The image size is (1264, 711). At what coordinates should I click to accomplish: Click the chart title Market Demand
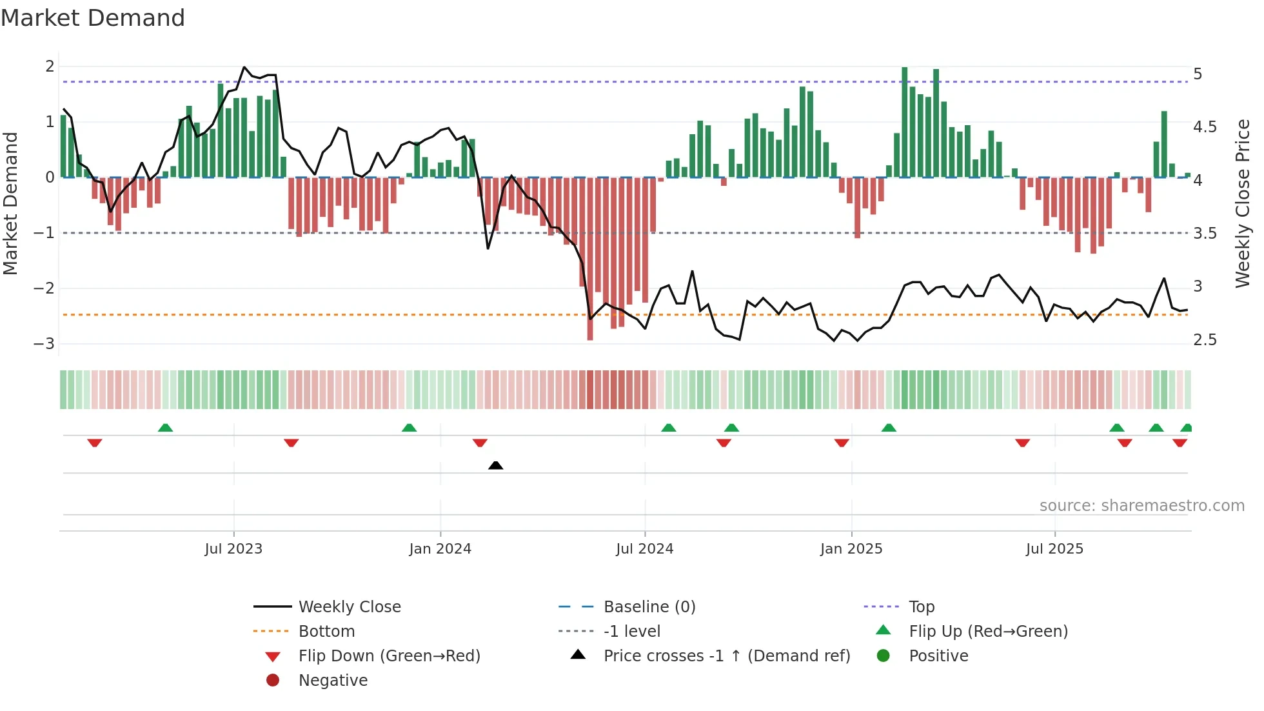(93, 18)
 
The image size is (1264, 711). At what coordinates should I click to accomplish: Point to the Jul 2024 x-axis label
(644, 549)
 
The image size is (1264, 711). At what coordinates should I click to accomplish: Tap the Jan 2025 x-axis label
(851, 549)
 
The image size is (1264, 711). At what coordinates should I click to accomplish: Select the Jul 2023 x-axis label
(233, 549)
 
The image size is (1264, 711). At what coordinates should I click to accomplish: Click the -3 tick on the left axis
(44, 344)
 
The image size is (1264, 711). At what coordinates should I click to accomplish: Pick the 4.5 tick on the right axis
(1204, 127)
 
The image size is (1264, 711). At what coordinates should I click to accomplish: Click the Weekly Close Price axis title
(1242, 203)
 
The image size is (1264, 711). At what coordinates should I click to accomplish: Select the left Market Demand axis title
(11, 203)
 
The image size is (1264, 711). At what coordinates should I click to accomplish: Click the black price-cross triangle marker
(495, 465)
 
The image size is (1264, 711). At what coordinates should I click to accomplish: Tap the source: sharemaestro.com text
(1141, 506)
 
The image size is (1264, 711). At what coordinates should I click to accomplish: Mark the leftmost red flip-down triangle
(95, 443)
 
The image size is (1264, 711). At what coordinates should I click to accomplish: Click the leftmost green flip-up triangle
(165, 428)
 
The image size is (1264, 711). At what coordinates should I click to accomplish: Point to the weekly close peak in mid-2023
(244, 67)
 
